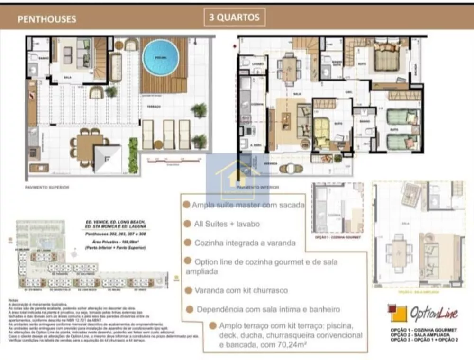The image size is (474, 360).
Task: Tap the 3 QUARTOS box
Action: pyautogui.click(x=234, y=18)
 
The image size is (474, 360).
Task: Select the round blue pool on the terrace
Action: pyautogui.click(x=161, y=57)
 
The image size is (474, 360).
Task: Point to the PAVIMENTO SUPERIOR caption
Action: pyautogui.click(x=47, y=188)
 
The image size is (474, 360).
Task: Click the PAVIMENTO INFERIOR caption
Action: pyautogui.click(x=257, y=188)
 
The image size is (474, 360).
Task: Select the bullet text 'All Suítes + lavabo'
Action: pyautogui.click(x=227, y=224)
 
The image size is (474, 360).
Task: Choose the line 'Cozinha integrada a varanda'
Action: pyautogui.click(x=245, y=243)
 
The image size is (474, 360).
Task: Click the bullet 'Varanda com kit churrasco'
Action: pyautogui.click(x=241, y=290)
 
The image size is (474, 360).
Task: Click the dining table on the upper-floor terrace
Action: pyautogui.click(x=90, y=147)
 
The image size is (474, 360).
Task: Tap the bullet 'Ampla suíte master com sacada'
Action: pyautogui.click(x=248, y=205)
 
